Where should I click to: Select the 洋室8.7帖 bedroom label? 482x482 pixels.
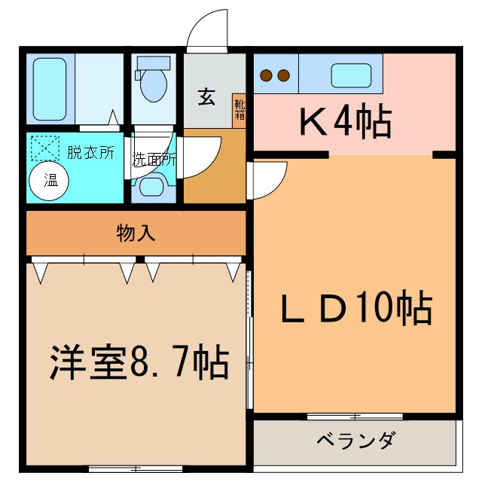[x=139, y=363]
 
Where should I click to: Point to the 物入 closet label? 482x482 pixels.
[x=136, y=233]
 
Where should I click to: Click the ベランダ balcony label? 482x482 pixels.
[x=354, y=441]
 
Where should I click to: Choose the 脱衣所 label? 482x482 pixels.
[x=90, y=152]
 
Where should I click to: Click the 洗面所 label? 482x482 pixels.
[x=154, y=160]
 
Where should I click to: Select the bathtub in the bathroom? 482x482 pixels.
[x=50, y=89]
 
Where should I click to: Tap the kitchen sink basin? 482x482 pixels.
[x=351, y=75]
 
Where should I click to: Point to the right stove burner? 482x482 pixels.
[x=284, y=75]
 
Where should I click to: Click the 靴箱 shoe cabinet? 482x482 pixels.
[x=239, y=111]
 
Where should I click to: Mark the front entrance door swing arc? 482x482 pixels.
[x=208, y=30]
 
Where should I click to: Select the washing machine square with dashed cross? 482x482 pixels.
[x=44, y=147]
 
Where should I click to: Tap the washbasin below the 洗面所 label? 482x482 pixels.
[x=154, y=186]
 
